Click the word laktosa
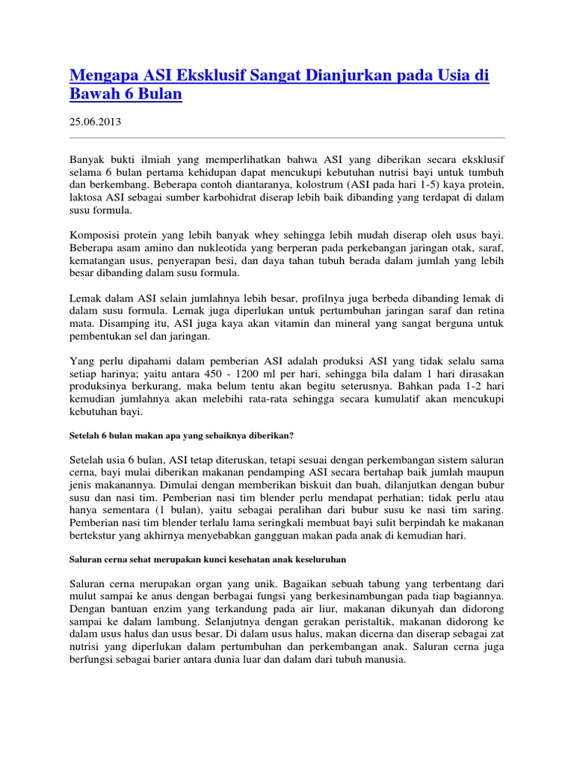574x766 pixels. (88, 197)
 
